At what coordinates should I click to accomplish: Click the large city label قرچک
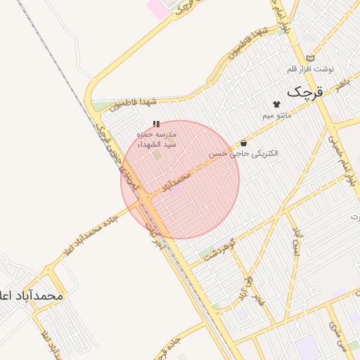coord(308,91)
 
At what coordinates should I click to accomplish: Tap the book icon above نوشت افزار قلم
coord(311,58)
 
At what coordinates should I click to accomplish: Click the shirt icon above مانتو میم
coord(276,104)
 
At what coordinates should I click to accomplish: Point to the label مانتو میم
coord(276,115)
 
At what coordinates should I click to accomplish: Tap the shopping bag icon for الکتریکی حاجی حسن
coord(243,143)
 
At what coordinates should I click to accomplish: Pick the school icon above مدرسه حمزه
coord(155,124)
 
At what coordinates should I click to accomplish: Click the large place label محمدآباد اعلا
coord(31,296)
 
